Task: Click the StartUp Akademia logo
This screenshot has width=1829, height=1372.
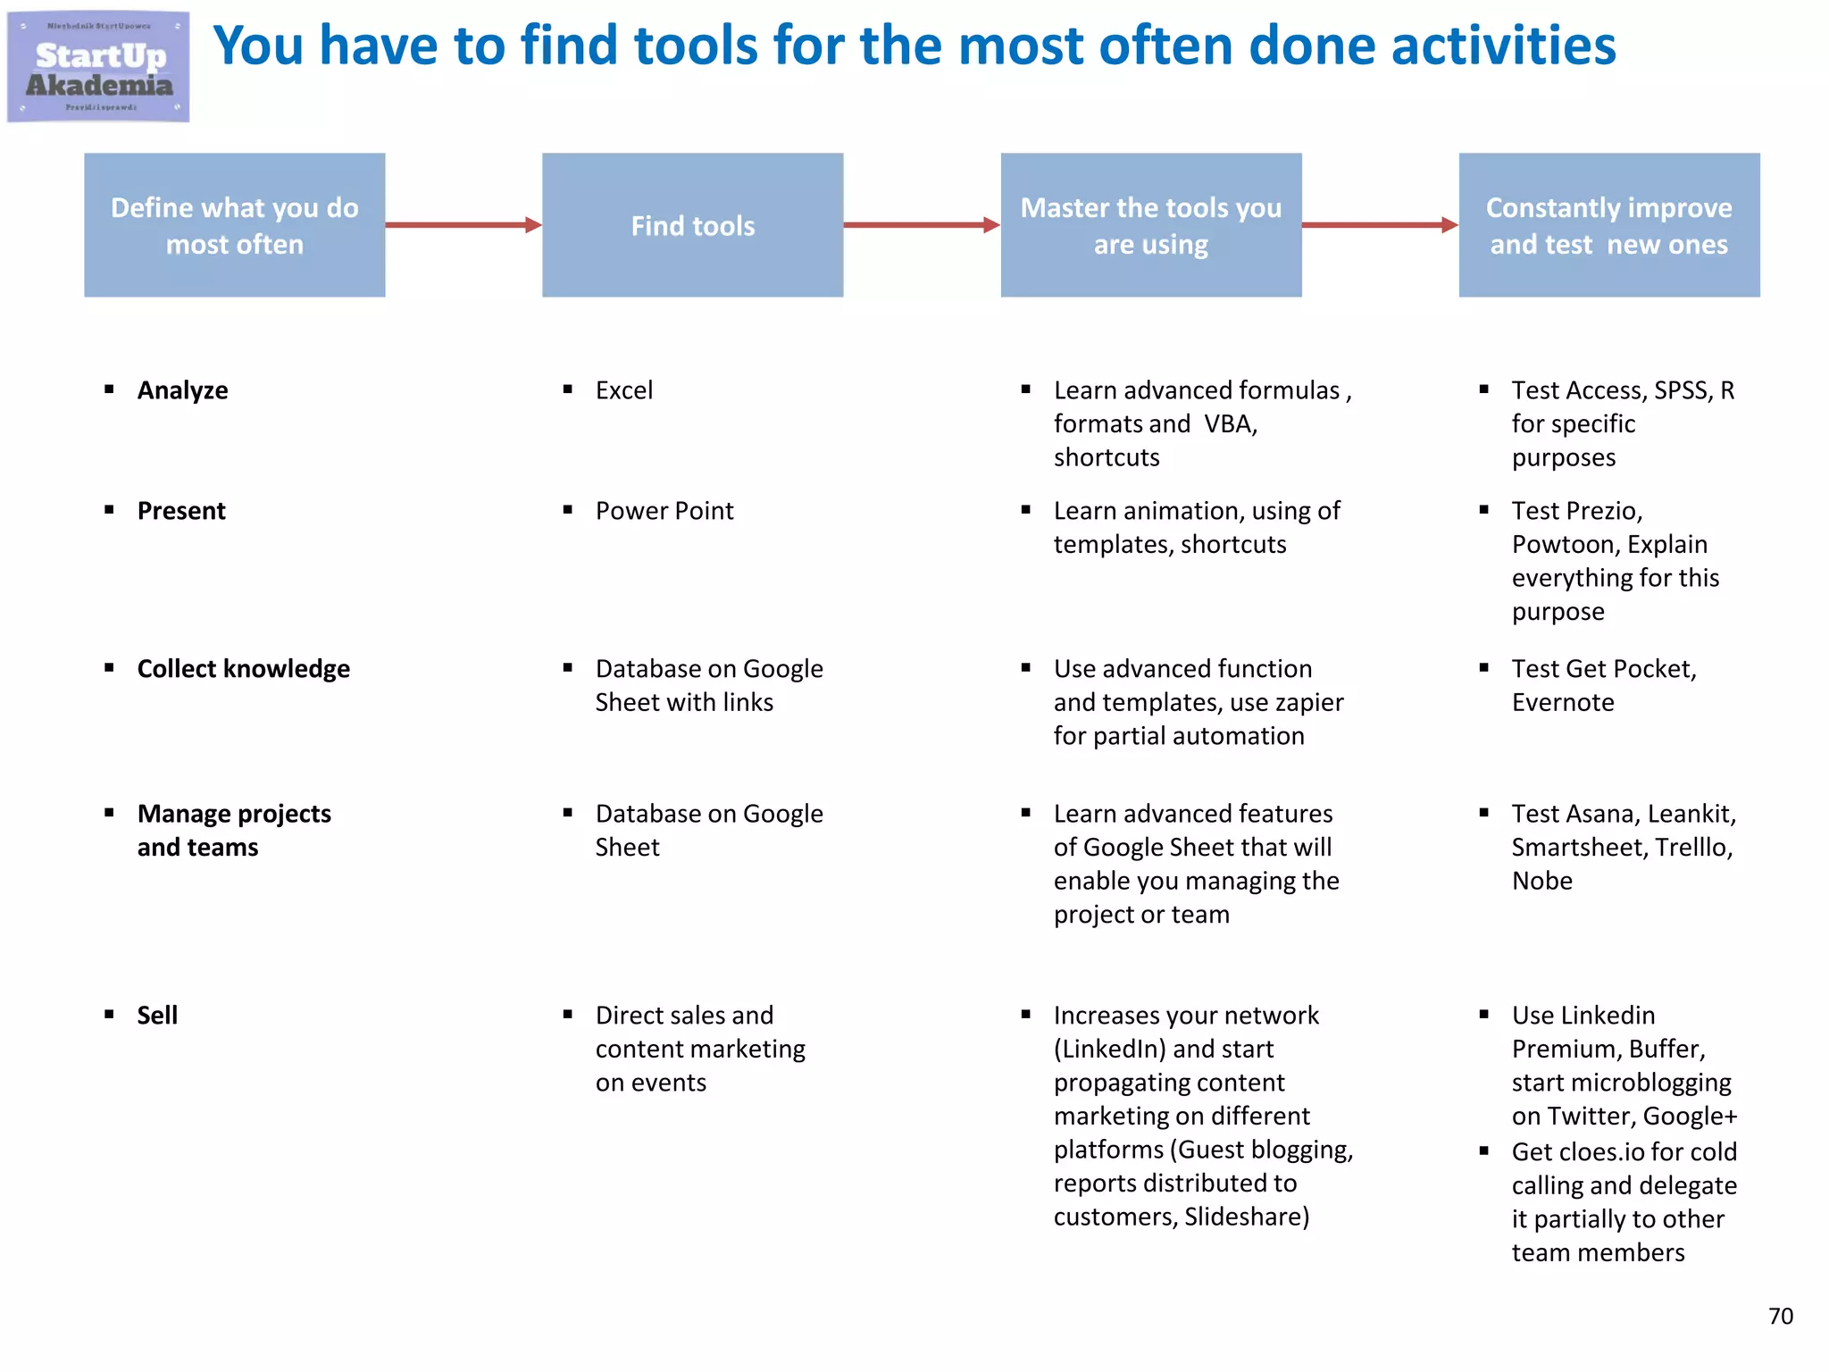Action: tap(98, 67)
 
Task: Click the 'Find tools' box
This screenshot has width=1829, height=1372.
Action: tap(692, 225)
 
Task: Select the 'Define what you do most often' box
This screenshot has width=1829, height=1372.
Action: tap(235, 225)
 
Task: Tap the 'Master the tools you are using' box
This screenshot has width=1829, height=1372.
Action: tap(1150, 225)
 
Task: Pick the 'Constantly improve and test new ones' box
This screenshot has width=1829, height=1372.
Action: tap(1608, 225)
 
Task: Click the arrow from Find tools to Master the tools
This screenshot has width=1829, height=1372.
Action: tap(921, 225)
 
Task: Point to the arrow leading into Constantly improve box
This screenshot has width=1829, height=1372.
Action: tap(1379, 225)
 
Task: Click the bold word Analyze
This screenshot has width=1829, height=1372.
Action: tap(182, 390)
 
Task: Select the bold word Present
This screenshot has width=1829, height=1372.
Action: tap(181, 511)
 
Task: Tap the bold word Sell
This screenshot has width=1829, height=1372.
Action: tap(157, 1016)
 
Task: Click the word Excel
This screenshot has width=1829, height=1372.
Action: tap(624, 390)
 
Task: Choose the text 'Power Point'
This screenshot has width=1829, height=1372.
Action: tap(664, 511)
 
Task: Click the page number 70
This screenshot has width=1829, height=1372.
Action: tap(1780, 1316)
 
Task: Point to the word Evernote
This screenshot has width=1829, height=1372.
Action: tap(1563, 703)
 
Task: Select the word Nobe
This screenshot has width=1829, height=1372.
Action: tap(1541, 881)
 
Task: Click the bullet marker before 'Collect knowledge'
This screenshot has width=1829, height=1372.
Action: tap(109, 668)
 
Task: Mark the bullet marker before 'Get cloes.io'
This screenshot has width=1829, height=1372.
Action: tap(1483, 1151)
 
